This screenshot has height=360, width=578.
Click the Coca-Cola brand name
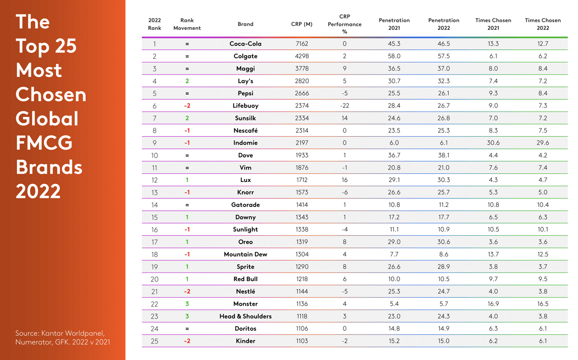(x=245, y=44)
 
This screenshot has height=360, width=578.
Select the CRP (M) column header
(x=302, y=24)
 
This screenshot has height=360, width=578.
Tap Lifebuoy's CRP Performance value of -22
(x=344, y=106)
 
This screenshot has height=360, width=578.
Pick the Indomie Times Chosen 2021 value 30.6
(x=493, y=143)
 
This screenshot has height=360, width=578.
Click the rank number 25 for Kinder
(x=155, y=341)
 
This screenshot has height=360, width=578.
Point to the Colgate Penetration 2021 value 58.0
(x=394, y=56)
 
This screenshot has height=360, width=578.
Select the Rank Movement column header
(x=187, y=24)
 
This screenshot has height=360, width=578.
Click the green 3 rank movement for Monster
(x=187, y=304)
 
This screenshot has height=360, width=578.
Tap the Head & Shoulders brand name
(x=245, y=316)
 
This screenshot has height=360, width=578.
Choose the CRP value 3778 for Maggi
(x=302, y=69)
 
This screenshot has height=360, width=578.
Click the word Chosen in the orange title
(x=51, y=94)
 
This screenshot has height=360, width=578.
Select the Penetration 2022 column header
(x=444, y=24)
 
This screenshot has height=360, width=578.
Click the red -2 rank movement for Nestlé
(x=187, y=292)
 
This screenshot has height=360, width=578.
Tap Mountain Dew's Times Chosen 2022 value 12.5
(x=543, y=255)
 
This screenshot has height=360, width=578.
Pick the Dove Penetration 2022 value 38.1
(x=444, y=155)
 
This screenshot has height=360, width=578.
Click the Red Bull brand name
(x=245, y=279)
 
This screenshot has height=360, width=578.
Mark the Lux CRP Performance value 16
(x=344, y=180)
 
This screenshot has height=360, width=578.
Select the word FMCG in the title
(x=44, y=143)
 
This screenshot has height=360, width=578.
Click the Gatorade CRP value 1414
(x=302, y=205)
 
